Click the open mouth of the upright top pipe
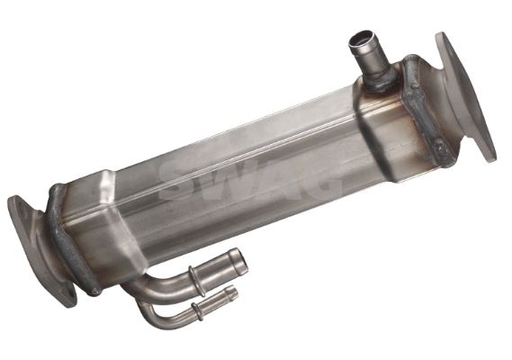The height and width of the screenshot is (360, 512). (x=362, y=39)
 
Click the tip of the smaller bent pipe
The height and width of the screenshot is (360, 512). (x=232, y=292)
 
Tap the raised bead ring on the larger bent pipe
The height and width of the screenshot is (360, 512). (x=193, y=276)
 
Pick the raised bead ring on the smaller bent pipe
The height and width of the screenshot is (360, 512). (x=195, y=309)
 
